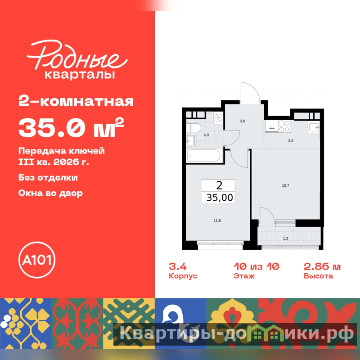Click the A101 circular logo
point(37,260)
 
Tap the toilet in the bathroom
point(193,128)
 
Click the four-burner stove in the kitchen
point(284,126)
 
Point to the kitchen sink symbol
point(314,127)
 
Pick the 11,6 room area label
point(217,220)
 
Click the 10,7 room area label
point(285,185)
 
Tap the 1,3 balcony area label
point(285,238)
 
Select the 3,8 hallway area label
point(243,121)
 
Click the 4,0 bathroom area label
point(206,135)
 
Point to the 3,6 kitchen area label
point(291,140)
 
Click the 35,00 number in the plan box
point(220,198)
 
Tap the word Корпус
point(183,276)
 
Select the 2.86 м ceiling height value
point(322,267)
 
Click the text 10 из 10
point(256,267)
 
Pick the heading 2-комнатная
point(76,102)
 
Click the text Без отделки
point(48,177)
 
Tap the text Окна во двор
point(50,193)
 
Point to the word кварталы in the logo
point(80,75)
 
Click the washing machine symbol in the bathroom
point(218,117)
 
